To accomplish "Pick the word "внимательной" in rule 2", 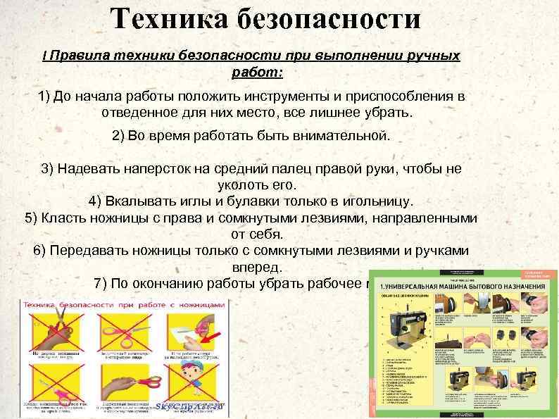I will pos(339,135).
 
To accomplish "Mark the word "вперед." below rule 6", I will pos(257,268).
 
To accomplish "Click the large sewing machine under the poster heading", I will pos(405,327).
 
